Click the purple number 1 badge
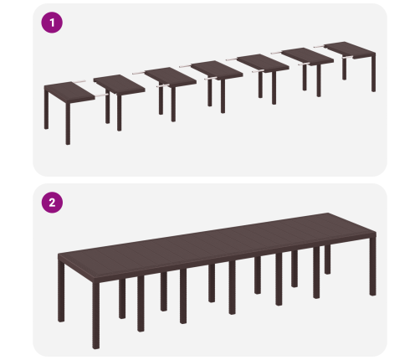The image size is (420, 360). (x=52, y=23)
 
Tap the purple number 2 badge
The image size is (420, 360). (x=52, y=203)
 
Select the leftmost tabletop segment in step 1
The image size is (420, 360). (x=69, y=92)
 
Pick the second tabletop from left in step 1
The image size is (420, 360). (x=120, y=85)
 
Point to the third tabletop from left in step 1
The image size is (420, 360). (x=171, y=76)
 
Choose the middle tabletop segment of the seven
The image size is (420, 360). (x=217, y=69)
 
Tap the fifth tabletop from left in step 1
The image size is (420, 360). (x=263, y=64)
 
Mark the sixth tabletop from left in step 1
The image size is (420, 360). (x=308, y=56)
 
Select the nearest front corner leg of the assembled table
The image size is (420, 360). (x=96, y=316)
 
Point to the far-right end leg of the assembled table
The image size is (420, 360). (x=373, y=266)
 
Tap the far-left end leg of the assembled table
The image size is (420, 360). (x=61, y=291)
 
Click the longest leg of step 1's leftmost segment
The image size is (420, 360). (x=68, y=123)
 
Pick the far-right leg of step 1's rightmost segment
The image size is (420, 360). (x=374, y=74)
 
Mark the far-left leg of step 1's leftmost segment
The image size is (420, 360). (x=46, y=109)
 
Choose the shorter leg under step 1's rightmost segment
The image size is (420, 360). (x=345, y=69)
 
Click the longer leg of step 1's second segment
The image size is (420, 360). (x=120, y=113)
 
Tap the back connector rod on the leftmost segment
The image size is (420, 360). (x=79, y=82)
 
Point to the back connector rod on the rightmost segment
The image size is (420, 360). (x=319, y=47)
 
